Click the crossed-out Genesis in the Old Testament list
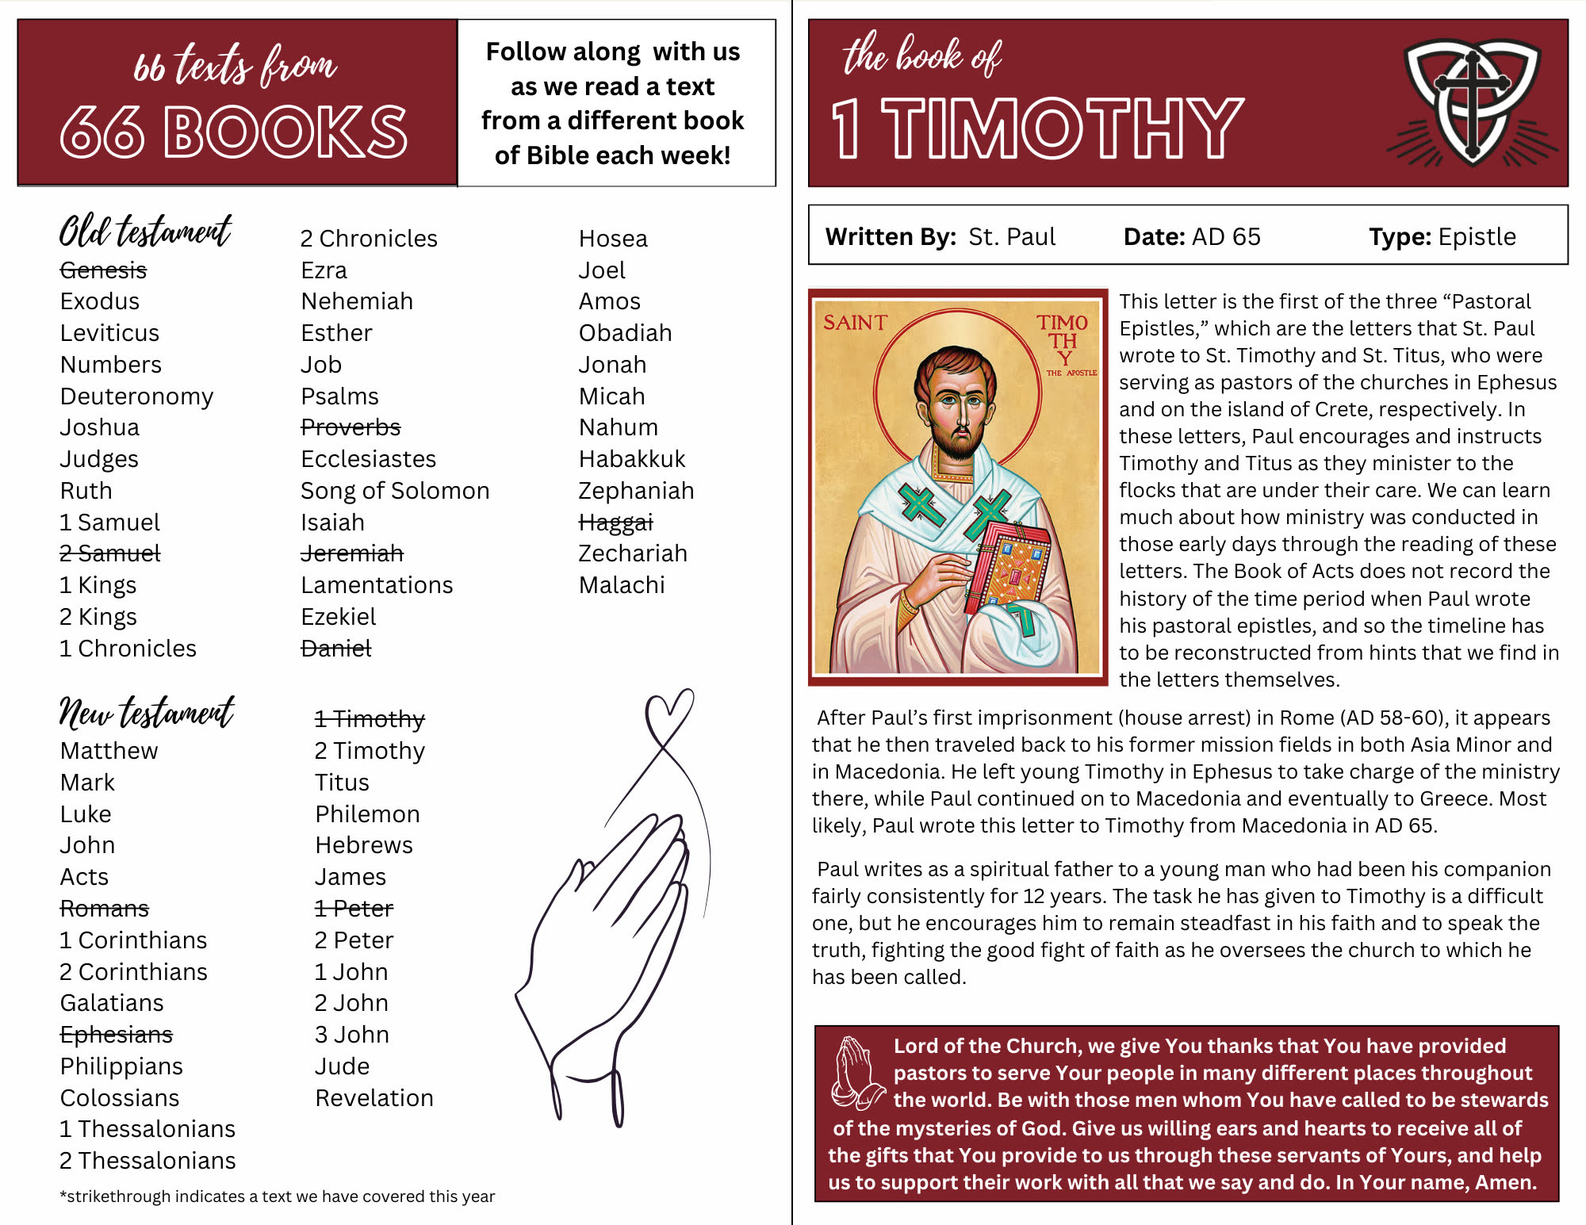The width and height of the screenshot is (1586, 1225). [103, 270]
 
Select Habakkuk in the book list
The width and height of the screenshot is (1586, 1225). [631, 459]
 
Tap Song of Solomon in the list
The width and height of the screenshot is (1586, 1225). [394, 491]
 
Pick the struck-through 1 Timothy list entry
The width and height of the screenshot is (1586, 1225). [369, 719]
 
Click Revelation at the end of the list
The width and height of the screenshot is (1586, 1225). [374, 1098]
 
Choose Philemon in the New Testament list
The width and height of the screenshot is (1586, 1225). [366, 814]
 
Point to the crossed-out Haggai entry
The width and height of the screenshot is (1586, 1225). [615, 523]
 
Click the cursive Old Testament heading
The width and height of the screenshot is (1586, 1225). [145, 232]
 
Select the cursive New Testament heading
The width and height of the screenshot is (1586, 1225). [147, 712]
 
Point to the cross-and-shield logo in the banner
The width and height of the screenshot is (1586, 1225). [1472, 103]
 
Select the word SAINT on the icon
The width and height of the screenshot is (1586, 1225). [854, 323]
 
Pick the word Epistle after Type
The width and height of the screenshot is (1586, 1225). [1477, 237]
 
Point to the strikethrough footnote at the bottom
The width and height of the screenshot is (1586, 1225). [277, 1196]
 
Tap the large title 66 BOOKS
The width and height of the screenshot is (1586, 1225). [234, 132]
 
